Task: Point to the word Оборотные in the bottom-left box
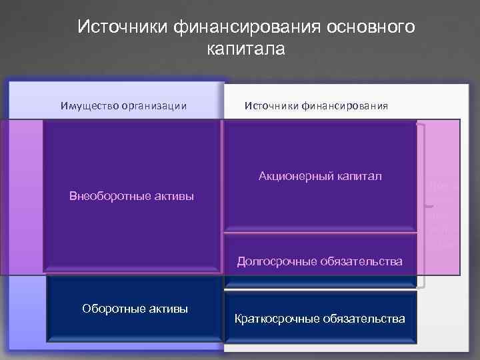click(109, 308)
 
